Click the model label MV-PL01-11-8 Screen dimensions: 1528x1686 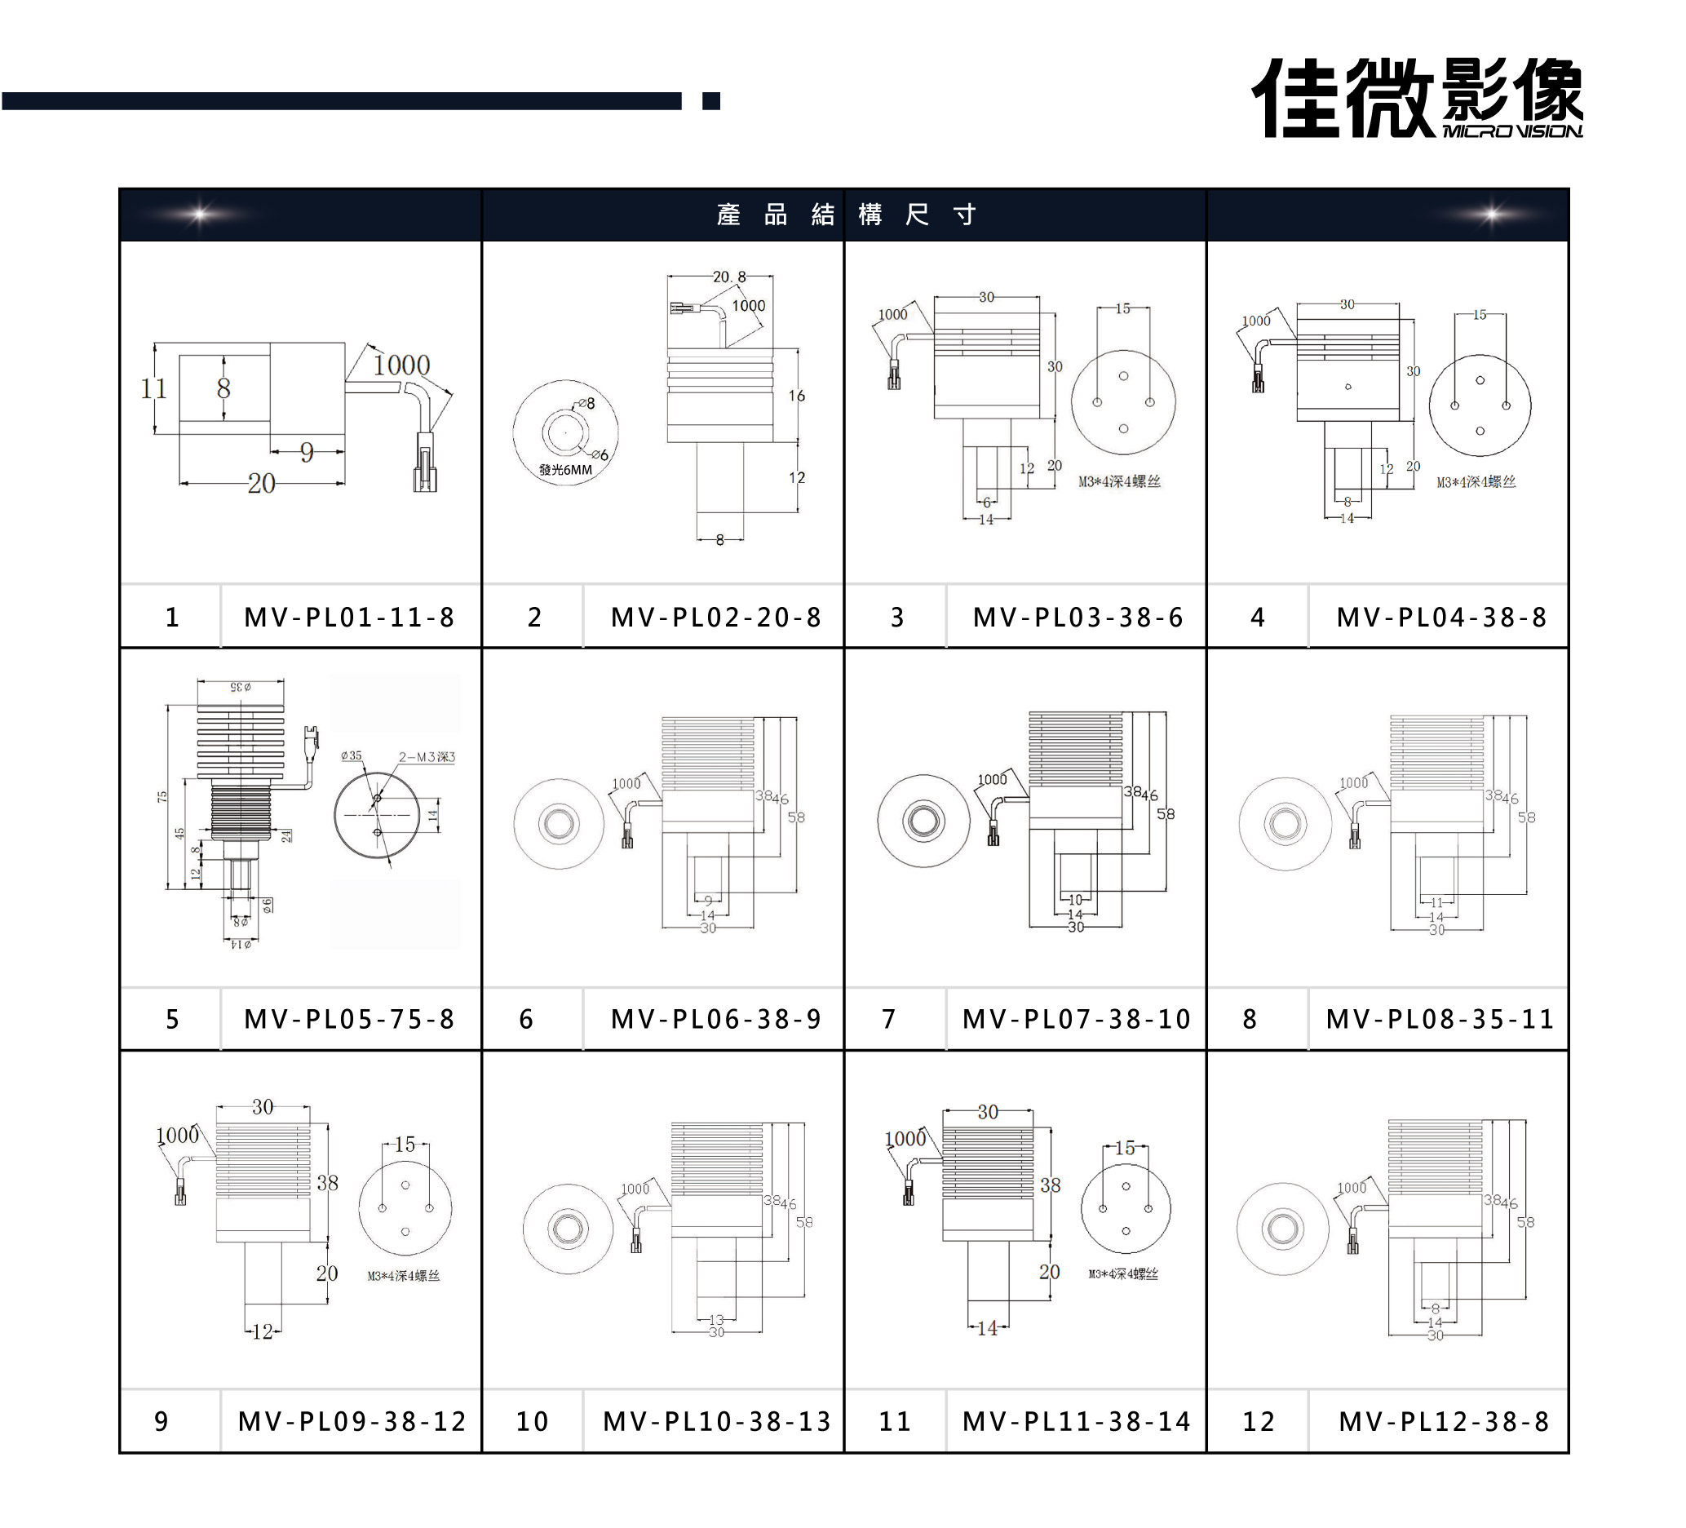click(349, 618)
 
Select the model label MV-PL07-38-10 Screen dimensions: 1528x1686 click(1076, 1019)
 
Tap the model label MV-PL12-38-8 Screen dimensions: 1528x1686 click(1444, 1421)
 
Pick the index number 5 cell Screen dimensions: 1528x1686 click(171, 1019)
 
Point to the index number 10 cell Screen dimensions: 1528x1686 click(532, 1421)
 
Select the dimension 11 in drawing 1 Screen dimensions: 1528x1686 click(153, 388)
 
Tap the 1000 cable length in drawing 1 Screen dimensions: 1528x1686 click(401, 365)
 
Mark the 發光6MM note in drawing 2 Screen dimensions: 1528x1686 click(565, 470)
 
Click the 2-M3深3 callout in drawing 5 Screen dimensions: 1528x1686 click(427, 757)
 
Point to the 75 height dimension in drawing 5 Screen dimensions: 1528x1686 click(162, 796)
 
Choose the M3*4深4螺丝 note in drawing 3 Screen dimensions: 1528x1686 click(1119, 482)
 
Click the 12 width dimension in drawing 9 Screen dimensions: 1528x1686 click(263, 1331)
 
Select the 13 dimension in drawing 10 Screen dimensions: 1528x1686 click(716, 1320)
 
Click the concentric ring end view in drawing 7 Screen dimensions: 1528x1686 click(923, 821)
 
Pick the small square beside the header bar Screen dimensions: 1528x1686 click(711, 101)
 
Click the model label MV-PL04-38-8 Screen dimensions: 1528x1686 click(1441, 618)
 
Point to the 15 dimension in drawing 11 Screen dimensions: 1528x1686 click(1125, 1148)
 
